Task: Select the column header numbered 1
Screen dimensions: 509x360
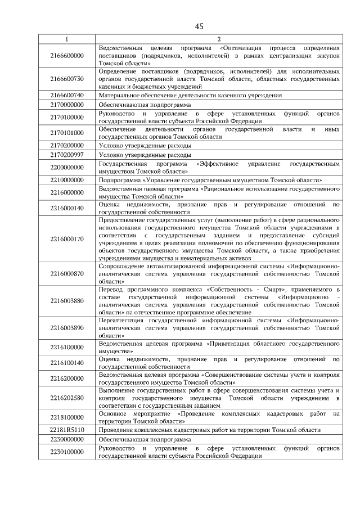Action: coord(66,39)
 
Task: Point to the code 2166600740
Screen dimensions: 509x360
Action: coord(66,96)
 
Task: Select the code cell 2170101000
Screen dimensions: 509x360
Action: coord(66,133)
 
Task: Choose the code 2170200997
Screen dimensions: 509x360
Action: coord(66,155)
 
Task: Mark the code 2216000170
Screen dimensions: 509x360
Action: coord(66,238)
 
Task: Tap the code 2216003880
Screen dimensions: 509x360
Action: coord(66,300)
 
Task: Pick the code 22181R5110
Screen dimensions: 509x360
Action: coord(66,430)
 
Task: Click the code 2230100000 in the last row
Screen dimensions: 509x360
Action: coord(66,452)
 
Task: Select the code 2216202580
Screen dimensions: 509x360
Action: coord(66,397)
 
